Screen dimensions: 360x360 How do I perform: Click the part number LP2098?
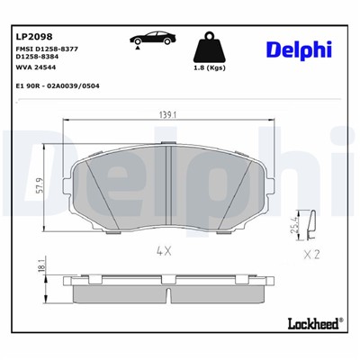(x=33, y=36)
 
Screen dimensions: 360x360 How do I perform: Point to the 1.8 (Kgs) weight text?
(x=210, y=68)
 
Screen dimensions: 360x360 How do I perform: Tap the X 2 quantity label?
(x=312, y=256)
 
